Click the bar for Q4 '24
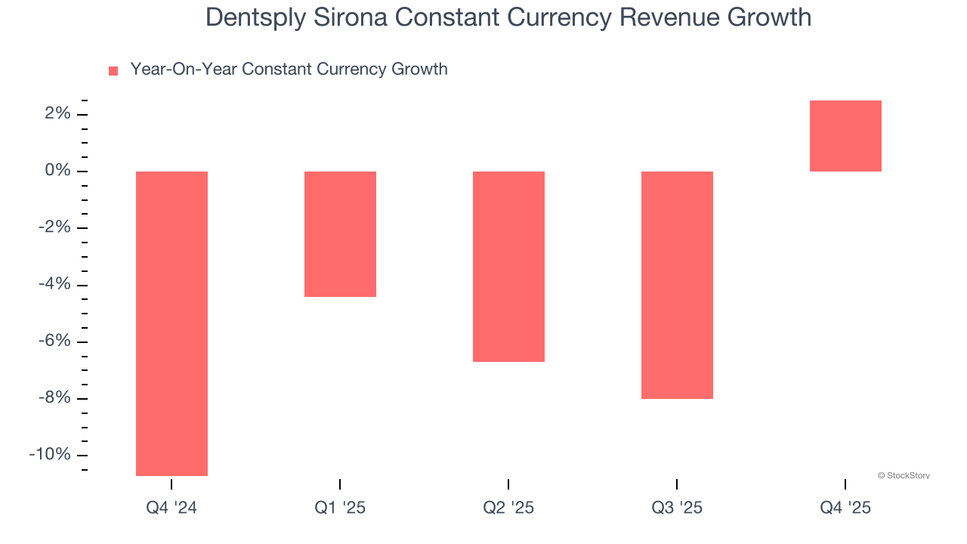click(x=171, y=323)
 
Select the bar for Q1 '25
click(x=340, y=234)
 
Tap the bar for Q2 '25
click(x=508, y=267)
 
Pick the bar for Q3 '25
click(x=677, y=285)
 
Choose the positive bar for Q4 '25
click(x=845, y=136)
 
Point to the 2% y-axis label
click(x=57, y=114)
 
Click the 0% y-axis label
click(x=57, y=171)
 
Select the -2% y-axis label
click(x=54, y=227)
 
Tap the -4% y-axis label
click(x=54, y=284)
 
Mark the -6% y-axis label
click(x=54, y=341)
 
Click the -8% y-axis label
click(x=54, y=397)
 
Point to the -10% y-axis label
click(x=50, y=454)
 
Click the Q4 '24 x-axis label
click(x=171, y=508)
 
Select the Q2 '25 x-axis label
click(x=508, y=508)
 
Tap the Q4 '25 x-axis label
click(x=845, y=508)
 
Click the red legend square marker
click(x=113, y=71)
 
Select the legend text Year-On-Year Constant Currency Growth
click(x=289, y=70)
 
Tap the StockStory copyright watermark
click(x=904, y=476)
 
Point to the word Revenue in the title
click(x=669, y=17)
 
